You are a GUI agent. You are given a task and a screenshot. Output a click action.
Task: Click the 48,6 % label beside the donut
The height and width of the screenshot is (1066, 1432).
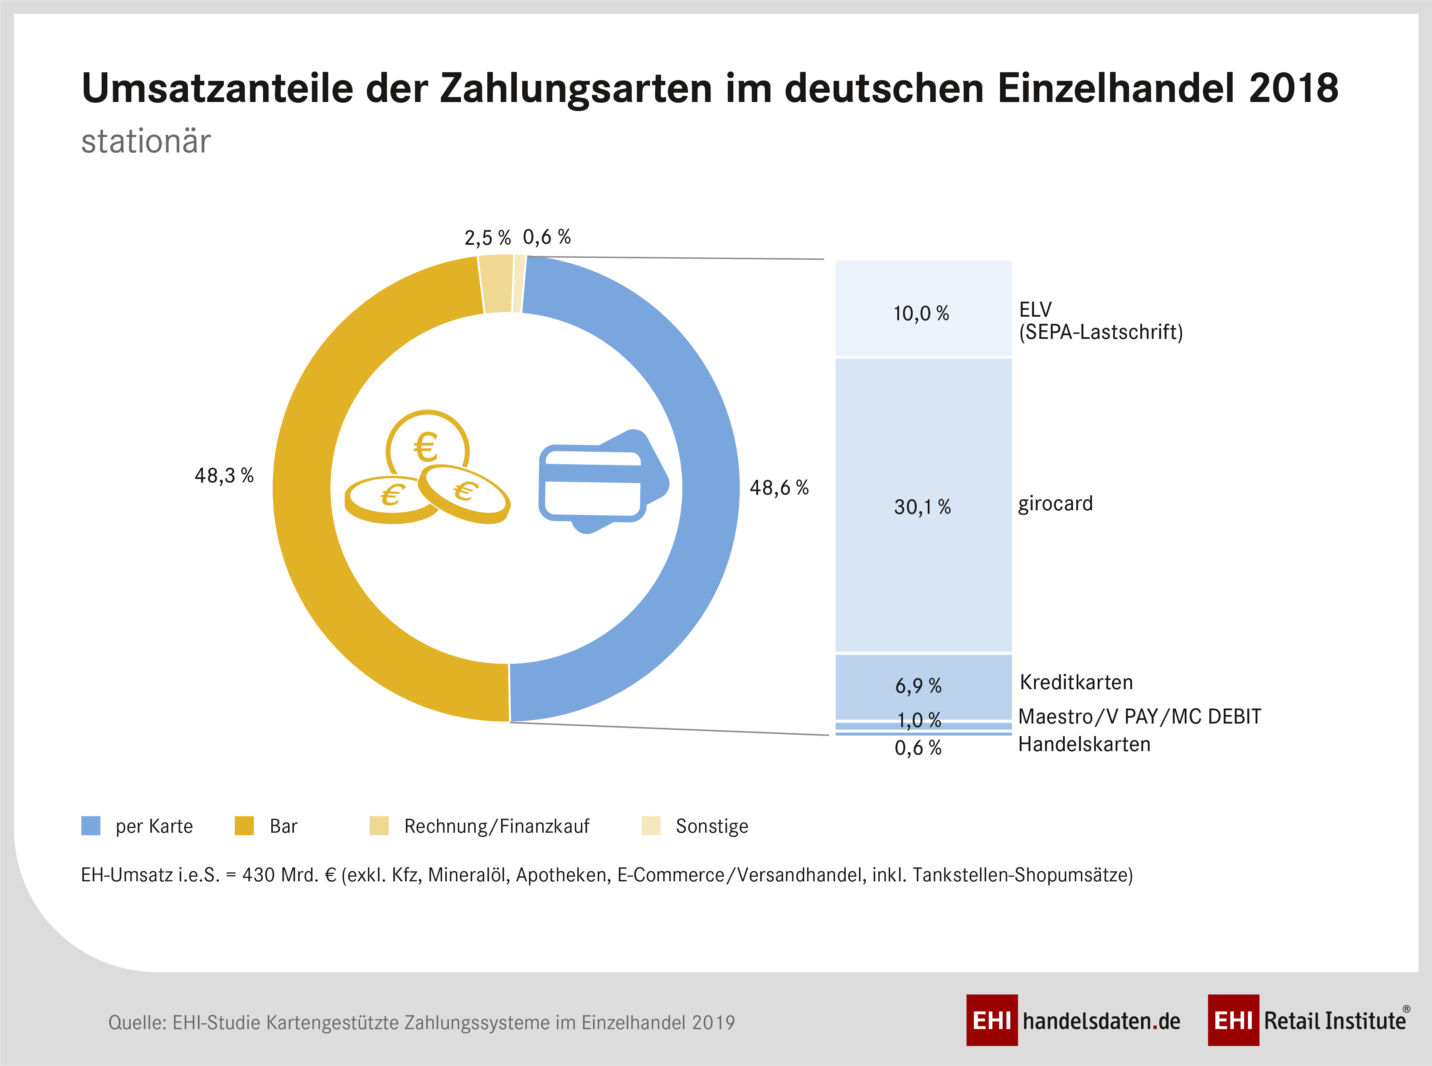[779, 488]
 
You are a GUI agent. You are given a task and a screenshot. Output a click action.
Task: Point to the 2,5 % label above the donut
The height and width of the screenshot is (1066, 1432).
[487, 238]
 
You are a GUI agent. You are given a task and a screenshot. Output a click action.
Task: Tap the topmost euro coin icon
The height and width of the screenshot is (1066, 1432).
[427, 445]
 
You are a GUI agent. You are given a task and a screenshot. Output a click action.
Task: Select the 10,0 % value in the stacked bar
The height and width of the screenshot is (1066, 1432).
[921, 313]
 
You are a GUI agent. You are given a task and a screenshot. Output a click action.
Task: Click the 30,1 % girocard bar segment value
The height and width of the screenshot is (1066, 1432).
[922, 507]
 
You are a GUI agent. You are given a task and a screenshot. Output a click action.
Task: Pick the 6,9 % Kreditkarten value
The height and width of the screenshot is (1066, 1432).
[918, 686]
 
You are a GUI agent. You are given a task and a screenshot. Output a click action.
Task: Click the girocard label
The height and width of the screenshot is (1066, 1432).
[1055, 503]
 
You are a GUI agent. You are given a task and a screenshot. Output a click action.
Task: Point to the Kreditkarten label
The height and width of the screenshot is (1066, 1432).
[1076, 682]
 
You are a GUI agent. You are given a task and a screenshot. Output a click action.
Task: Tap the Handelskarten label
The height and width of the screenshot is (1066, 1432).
[1084, 744]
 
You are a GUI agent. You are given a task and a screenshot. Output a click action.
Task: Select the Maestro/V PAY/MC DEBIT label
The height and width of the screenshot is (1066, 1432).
[1139, 716]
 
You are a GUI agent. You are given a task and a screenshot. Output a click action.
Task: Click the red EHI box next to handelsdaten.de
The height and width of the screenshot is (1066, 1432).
[991, 1020]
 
